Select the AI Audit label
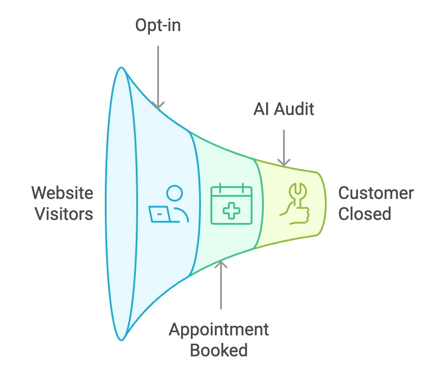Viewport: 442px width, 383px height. click(x=283, y=109)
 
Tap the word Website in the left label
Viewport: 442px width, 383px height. click(x=63, y=193)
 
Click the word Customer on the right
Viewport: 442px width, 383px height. click(x=376, y=193)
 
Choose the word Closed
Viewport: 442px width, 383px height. click(x=365, y=214)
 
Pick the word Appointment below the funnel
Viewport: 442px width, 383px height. click(x=218, y=329)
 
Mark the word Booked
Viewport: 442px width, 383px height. click(x=218, y=350)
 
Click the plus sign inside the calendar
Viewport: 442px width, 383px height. click(x=231, y=210)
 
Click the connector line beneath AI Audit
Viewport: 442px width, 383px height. click(x=285, y=144)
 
